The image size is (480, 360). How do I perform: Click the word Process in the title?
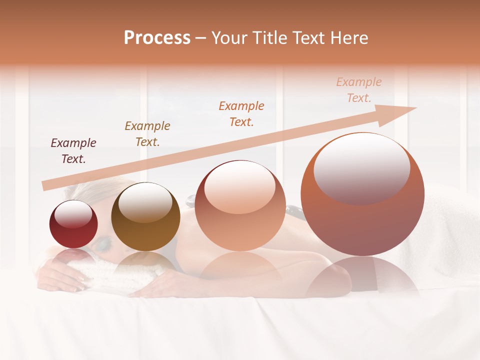157,38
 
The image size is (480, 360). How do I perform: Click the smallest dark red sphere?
73,224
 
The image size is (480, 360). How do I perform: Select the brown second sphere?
145,217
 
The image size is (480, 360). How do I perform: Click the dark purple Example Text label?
73,151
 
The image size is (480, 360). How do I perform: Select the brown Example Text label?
147,134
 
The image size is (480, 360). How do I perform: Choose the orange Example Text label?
241,114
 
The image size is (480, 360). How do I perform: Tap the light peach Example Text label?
359,90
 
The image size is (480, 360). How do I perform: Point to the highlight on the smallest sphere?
73,215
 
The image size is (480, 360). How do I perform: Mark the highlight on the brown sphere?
145,202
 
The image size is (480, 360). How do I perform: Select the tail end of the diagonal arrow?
45,186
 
